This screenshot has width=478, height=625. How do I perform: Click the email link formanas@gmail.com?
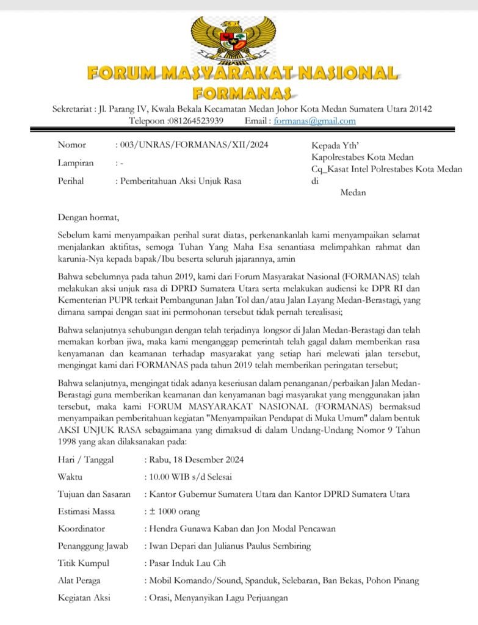click(314, 121)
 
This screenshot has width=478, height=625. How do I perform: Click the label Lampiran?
click(76, 163)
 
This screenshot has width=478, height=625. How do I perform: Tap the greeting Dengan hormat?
click(89, 216)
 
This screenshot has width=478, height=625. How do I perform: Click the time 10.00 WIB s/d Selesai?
click(190, 477)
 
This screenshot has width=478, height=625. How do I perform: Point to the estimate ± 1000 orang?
click(174, 511)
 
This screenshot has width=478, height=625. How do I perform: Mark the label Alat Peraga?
click(79, 580)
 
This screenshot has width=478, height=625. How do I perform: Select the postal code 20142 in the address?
click(419, 109)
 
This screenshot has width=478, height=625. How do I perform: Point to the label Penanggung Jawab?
click(93, 546)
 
